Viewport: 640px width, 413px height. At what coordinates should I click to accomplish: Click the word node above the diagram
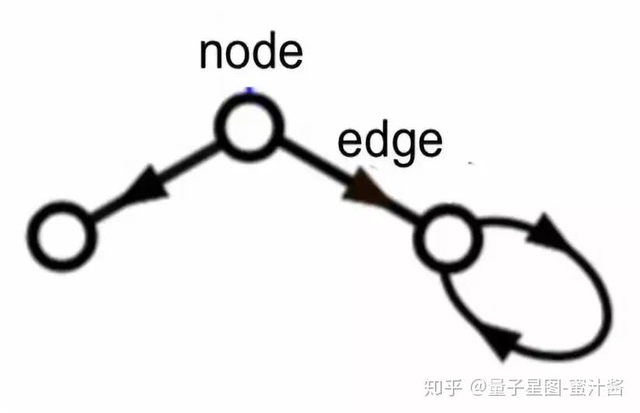click(x=250, y=51)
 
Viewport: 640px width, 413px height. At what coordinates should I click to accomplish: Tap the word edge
click(x=390, y=141)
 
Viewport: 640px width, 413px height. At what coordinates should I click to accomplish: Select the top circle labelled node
click(x=249, y=125)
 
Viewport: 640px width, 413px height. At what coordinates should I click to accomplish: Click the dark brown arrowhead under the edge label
click(x=365, y=189)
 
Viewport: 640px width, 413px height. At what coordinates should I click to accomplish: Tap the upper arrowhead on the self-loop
click(x=555, y=231)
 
